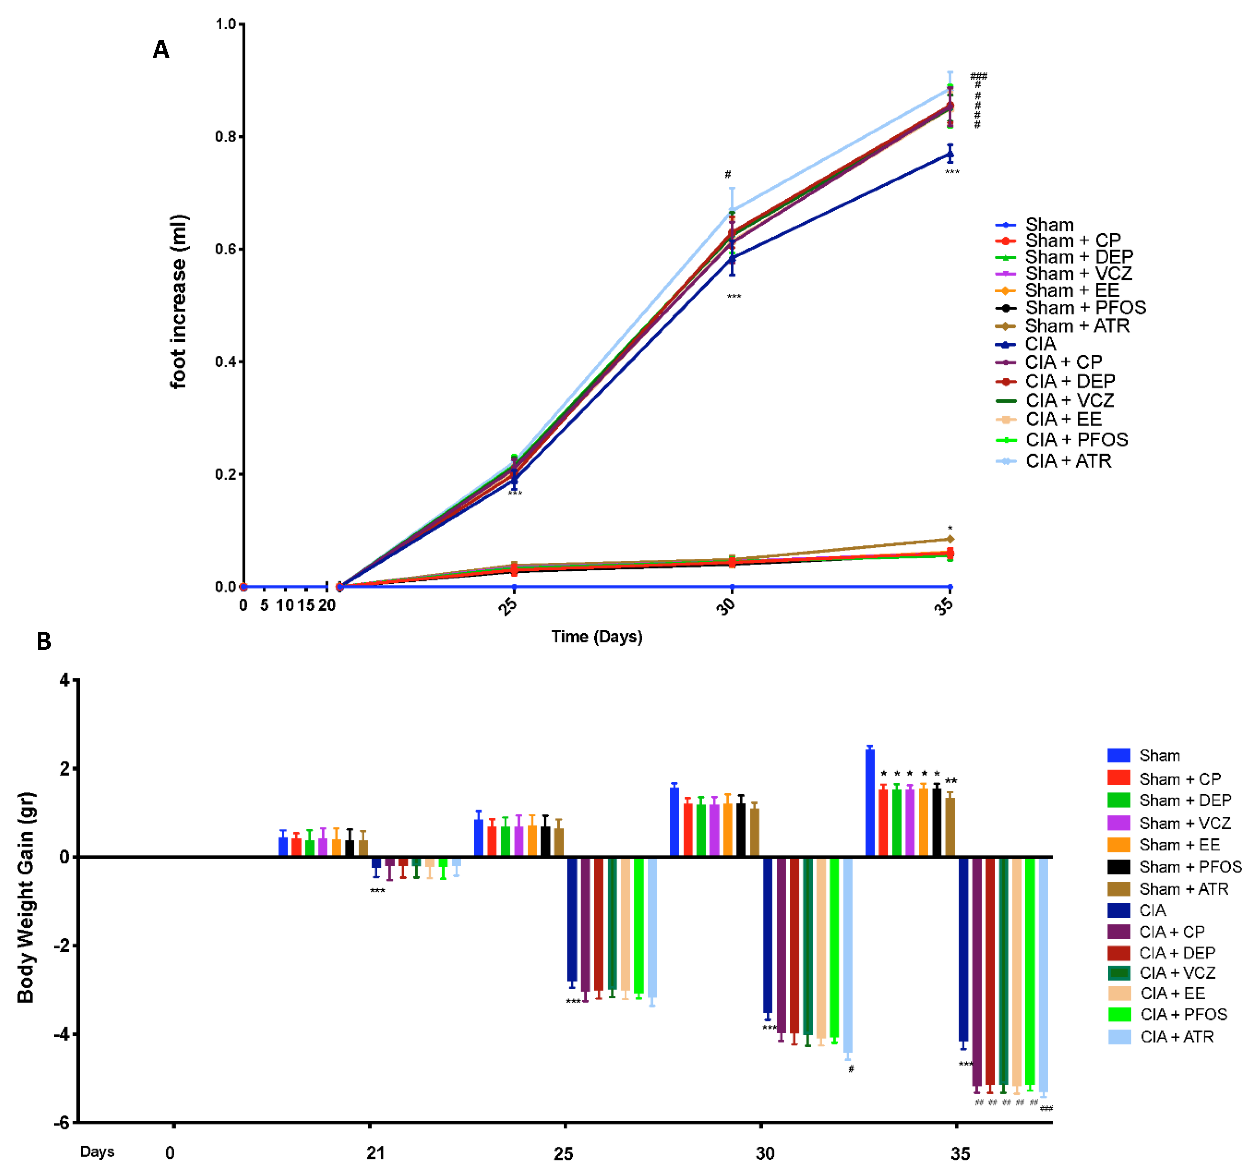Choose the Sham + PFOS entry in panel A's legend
[x=1085, y=308]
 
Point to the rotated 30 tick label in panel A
[x=727, y=605]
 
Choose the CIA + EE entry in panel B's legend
[x=1172, y=993]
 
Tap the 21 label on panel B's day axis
[x=376, y=1153]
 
